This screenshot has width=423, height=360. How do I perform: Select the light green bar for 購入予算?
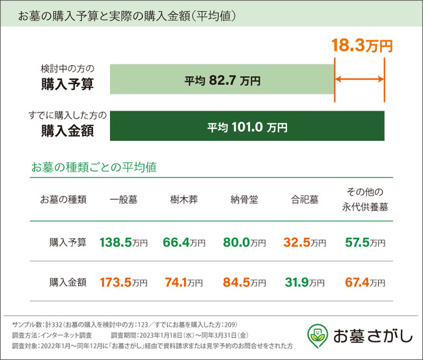(x=222, y=81)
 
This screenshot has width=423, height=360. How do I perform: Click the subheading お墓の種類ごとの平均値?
(x=94, y=167)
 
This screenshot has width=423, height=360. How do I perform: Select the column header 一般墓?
(x=124, y=199)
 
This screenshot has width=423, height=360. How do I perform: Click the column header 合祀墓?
(x=305, y=199)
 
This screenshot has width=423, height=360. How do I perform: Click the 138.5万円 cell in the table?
(x=124, y=243)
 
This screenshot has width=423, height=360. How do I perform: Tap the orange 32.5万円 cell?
(x=305, y=243)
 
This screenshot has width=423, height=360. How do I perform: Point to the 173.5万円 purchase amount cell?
(x=124, y=283)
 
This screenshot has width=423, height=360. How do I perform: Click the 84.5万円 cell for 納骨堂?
(x=244, y=283)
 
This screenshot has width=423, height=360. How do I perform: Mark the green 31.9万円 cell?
(x=305, y=283)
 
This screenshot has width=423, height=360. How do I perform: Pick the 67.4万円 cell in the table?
(x=365, y=283)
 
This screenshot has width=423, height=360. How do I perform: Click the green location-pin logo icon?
(x=317, y=335)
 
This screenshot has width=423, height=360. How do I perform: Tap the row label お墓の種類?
(x=63, y=199)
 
